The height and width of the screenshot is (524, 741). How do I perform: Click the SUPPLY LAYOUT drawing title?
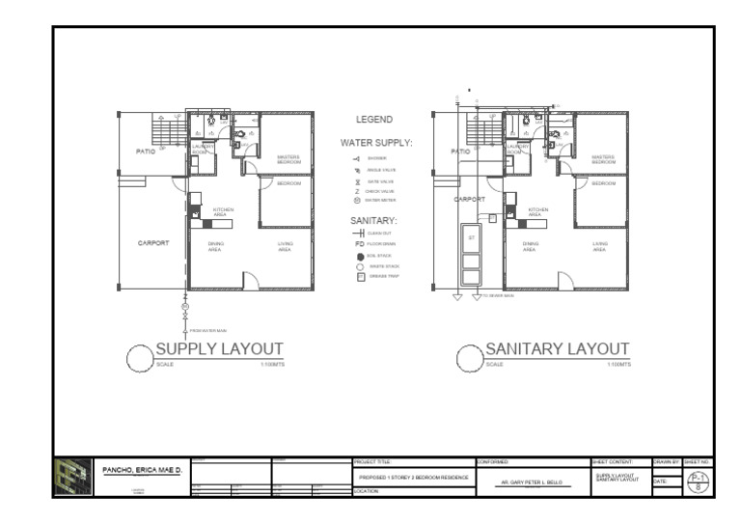220,348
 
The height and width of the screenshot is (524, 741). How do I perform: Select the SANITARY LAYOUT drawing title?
557,348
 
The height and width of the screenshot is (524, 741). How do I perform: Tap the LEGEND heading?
374,120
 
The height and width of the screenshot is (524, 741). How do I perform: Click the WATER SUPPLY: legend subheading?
375,142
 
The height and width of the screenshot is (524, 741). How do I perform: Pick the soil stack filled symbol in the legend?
360,256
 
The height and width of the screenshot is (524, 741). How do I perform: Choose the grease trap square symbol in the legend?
360,276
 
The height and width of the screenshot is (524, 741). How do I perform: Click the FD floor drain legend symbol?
359,244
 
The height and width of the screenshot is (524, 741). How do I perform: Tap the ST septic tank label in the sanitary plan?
472,236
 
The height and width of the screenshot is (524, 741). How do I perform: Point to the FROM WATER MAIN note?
207,331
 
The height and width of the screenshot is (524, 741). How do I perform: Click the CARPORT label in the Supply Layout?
153,243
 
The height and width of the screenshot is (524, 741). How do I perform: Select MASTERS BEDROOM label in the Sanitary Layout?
603,159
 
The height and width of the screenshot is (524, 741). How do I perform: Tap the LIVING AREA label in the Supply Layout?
286,246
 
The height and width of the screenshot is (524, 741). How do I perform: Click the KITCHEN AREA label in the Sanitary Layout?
538,211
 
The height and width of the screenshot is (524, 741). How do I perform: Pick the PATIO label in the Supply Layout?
146,152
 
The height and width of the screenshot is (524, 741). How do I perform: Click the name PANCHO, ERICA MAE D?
139,470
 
